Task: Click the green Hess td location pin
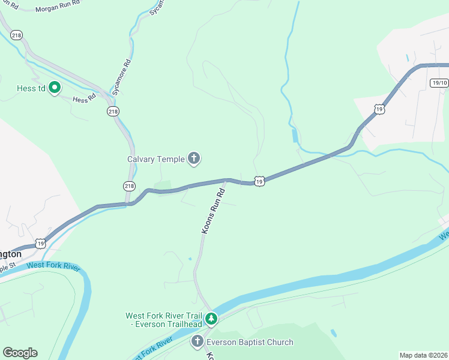[55, 88]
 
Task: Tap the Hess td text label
[31, 89]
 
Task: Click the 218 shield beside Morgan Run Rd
[16, 35]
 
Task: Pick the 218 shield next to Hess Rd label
[113, 112]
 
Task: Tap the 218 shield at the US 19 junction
[130, 186]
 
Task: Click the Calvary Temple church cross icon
[193, 158]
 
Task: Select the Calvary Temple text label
[155, 159]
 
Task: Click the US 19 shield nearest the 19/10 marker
[378, 109]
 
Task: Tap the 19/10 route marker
[439, 83]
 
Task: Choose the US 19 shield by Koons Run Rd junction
[259, 180]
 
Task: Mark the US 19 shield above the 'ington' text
[40, 242]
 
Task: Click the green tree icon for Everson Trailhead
[211, 318]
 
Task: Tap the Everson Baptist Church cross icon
[197, 342]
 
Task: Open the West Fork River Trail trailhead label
[163, 320]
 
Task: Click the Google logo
[20, 353]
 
